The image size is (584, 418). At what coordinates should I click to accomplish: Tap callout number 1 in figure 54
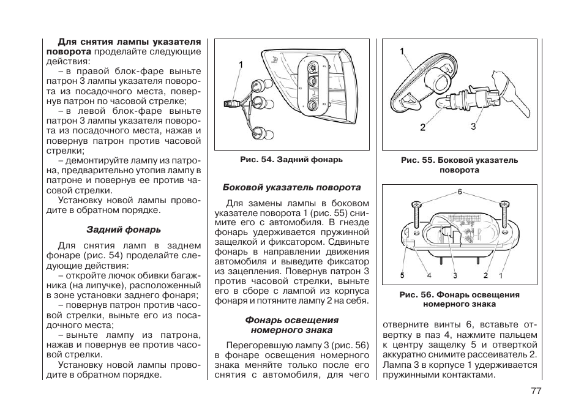(241, 64)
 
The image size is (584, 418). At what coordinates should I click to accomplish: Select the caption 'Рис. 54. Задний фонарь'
(291, 160)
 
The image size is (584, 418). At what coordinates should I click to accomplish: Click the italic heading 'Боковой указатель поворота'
(291, 187)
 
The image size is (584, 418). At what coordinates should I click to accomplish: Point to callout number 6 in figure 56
(459, 192)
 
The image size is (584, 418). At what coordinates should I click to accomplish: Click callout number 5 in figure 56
(403, 275)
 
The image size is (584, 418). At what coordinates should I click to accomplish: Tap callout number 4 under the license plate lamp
(429, 275)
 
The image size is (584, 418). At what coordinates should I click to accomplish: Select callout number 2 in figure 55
(423, 127)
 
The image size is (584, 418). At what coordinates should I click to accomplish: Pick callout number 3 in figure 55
(473, 126)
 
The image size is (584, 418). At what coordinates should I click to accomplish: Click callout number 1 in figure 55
(403, 52)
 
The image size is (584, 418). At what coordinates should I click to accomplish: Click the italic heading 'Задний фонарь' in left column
(124, 230)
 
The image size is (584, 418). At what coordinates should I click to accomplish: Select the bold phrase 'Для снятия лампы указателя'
(129, 42)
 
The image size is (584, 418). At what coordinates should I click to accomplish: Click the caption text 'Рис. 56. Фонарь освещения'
(459, 294)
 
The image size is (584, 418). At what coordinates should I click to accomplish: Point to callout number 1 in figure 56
(500, 275)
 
